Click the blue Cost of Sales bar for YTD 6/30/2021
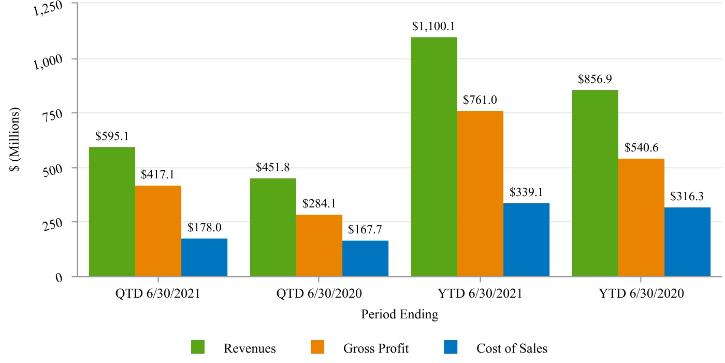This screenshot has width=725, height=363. click(x=526, y=239)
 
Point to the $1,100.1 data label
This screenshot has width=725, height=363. click(x=434, y=26)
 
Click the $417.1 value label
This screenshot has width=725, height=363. click(x=158, y=175)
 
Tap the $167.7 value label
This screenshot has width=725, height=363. click(x=365, y=229)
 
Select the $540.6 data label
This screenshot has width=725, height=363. click(x=641, y=148)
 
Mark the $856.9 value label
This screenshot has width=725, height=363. click(x=595, y=79)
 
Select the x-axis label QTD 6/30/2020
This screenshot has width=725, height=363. click(x=319, y=294)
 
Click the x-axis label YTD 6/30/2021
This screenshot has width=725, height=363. click(x=480, y=294)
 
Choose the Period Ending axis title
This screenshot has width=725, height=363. click(x=399, y=314)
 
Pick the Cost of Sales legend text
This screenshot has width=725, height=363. click(x=512, y=348)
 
